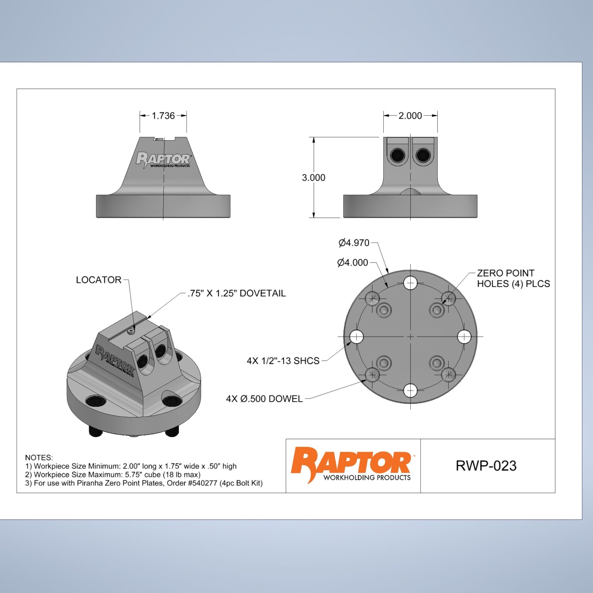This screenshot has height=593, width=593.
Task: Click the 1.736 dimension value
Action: (163, 115)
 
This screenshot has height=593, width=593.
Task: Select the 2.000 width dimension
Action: (410, 115)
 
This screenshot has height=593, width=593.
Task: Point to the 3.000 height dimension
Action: (313, 178)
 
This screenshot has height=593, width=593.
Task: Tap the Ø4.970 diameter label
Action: (354, 243)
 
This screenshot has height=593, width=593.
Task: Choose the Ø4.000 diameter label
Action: (352, 263)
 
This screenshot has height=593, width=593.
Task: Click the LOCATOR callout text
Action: (98, 280)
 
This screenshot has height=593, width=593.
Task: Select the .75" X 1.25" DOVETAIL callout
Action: (237, 293)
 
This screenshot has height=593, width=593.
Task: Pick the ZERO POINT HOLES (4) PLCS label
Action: (513, 278)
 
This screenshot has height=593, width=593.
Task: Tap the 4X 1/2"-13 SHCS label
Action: (283, 361)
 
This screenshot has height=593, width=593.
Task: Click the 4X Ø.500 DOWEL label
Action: (264, 399)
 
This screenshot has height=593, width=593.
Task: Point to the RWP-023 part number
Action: (486, 466)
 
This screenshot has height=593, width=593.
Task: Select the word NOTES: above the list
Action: (39, 457)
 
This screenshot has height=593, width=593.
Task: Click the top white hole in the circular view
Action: (410, 283)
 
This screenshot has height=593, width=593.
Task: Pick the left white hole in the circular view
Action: (357, 337)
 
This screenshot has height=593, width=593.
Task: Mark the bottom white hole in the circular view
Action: (410, 390)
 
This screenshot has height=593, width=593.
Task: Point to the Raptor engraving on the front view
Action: (163, 159)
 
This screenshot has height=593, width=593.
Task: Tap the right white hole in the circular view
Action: (464, 337)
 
